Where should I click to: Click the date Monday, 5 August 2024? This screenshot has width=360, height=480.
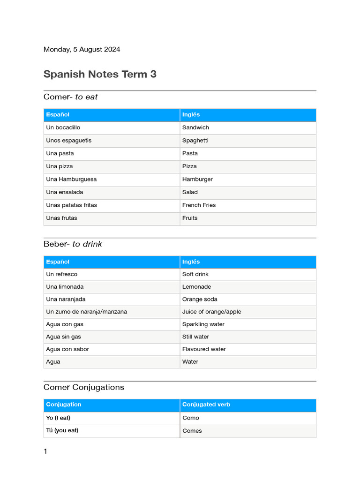point(82,49)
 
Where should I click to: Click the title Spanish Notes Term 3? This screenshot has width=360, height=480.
point(100,74)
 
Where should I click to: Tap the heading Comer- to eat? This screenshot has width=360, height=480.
point(70,97)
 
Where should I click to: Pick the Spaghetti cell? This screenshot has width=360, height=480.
point(195,141)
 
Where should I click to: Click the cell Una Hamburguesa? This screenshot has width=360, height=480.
point(71,179)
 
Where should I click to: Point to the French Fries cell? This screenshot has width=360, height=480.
point(199,205)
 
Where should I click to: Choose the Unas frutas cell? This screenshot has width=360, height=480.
point(61,218)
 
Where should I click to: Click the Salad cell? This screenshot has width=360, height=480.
point(190,192)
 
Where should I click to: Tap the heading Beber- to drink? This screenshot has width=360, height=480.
point(73,244)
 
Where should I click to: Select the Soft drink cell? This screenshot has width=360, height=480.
point(195,274)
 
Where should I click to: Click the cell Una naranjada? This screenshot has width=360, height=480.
point(66,299)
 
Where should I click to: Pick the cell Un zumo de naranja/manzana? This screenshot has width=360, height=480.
point(86,312)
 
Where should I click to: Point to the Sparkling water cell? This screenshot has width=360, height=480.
point(203,324)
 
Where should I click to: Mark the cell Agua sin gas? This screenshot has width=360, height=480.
point(63,337)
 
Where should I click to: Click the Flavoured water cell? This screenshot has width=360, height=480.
point(204,349)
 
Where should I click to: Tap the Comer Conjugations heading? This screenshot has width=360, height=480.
point(84,387)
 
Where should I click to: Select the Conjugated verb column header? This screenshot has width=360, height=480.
point(206,405)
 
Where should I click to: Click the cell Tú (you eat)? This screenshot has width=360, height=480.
point(62,430)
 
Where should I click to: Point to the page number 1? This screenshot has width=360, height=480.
point(45,451)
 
